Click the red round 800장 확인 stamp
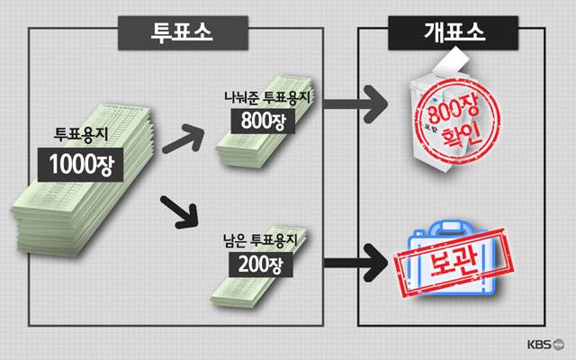tap(447, 125)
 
